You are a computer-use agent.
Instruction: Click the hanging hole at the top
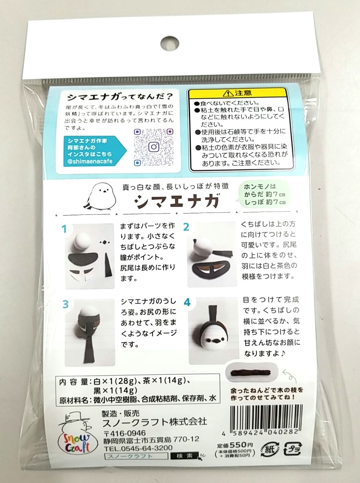click(169, 43)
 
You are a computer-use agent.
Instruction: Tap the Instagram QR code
click(154, 147)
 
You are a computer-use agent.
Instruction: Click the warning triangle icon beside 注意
click(228, 94)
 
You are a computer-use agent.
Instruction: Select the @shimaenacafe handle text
click(90, 161)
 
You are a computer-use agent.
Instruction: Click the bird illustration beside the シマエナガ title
click(100, 196)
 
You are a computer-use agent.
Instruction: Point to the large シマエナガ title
click(176, 200)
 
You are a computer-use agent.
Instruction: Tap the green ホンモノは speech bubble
click(265, 194)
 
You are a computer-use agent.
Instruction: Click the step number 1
click(64, 229)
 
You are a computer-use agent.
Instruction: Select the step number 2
click(186, 227)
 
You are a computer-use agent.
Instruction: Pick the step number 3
click(65, 304)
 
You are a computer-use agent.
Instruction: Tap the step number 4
click(187, 303)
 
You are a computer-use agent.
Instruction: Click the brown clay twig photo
click(252, 373)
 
